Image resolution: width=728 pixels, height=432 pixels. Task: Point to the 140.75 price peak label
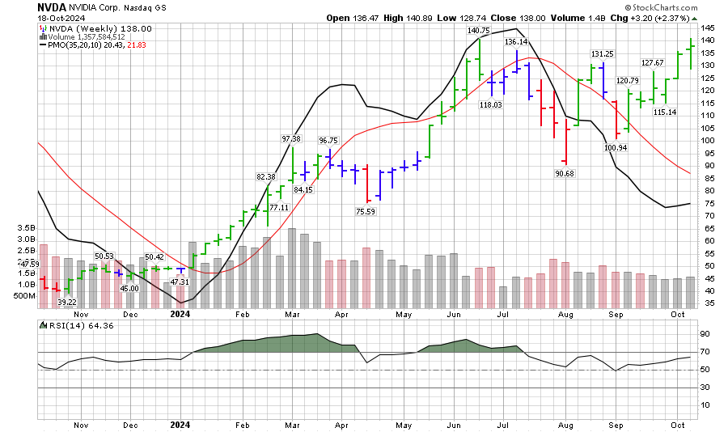point(478,30)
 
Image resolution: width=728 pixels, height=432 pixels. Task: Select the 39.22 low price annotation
point(67,301)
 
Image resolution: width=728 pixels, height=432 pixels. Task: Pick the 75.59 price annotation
point(365,212)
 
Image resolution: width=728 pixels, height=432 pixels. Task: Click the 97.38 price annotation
point(291,139)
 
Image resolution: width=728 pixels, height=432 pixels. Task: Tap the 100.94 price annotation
point(615,148)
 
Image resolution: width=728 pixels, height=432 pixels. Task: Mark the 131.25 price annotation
point(603,54)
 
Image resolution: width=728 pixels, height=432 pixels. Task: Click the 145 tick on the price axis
point(708,28)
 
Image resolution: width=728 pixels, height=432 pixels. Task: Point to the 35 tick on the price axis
point(705,303)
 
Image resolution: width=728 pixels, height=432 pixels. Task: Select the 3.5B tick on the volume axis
point(26,229)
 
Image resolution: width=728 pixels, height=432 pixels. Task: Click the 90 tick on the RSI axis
point(705,333)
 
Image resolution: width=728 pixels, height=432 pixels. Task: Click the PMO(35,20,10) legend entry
point(74,46)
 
